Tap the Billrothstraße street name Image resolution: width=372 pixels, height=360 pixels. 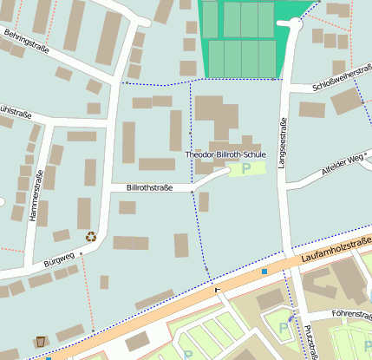coord(149,187)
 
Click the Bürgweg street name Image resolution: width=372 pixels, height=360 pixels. coord(58,259)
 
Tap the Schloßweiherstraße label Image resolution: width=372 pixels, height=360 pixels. coord(342,83)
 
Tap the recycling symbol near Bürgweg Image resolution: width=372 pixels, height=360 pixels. coord(91,235)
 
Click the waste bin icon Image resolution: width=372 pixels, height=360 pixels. coord(41,341)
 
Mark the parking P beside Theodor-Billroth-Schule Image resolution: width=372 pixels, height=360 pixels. coord(246,167)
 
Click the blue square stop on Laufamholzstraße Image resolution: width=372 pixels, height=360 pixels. coord(264,272)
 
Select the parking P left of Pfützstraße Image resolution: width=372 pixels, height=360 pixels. coord(284,328)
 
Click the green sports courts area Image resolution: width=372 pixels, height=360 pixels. coord(243,39)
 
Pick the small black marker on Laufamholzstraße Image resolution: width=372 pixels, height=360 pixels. coord(217,289)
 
